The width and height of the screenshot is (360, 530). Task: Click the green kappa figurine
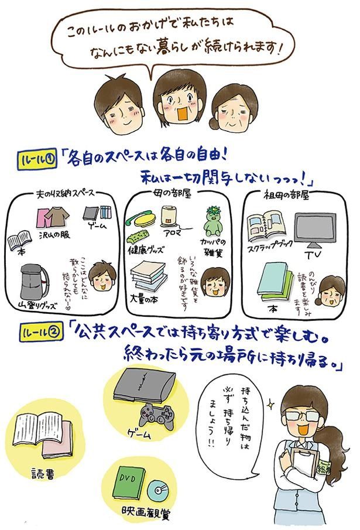coord(215,221)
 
